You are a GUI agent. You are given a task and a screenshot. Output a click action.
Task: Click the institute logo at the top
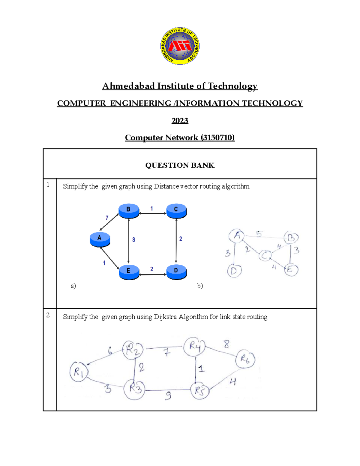pyautogui.click(x=180, y=46)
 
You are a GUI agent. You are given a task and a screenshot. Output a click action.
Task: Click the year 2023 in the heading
pyautogui.click(x=180, y=121)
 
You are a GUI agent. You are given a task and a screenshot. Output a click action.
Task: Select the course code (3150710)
pyautogui.click(x=218, y=138)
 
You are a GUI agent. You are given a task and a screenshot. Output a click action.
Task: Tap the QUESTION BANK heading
pyautogui.click(x=180, y=165)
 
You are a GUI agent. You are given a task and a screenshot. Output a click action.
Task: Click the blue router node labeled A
pyautogui.click(x=100, y=239)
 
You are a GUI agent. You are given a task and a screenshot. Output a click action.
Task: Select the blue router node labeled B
pyautogui.click(x=129, y=210)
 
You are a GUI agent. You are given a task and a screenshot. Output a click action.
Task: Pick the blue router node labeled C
pyautogui.click(x=176, y=210)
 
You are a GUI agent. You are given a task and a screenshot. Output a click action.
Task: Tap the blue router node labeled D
pyautogui.click(x=176, y=271)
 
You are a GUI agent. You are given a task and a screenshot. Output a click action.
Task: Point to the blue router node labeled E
pyautogui.click(x=129, y=272)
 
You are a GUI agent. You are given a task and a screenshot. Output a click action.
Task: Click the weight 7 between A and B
pyautogui.click(x=107, y=218)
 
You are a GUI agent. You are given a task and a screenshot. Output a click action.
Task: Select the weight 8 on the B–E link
pyautogui.click(x=133, y=240)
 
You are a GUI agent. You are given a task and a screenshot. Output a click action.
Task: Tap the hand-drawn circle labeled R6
pyautogui.click(x=245, y=359)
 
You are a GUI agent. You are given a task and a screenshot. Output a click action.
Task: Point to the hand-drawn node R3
pyautogui.click(x=134, y=389)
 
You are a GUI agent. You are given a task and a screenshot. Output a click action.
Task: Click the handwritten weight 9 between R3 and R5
pyautogui.click(x=168, y=396)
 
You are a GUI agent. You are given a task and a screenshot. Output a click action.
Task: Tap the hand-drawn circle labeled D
pyautogui.click(x=234, y=271)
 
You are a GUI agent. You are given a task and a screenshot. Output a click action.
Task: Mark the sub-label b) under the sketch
pyautogui.click(x=200, y=286)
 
